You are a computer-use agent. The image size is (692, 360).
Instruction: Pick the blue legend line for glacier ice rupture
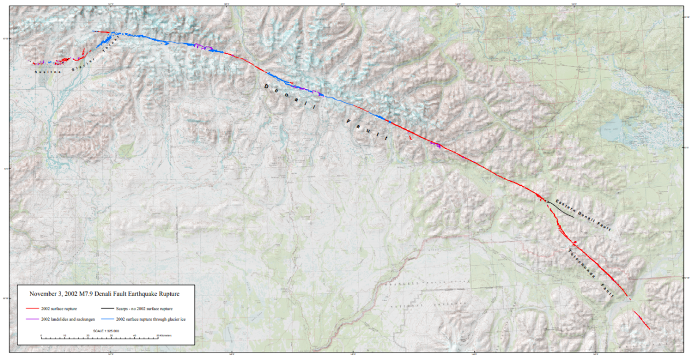point(107,319)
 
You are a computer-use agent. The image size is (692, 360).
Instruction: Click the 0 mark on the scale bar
point(42,336)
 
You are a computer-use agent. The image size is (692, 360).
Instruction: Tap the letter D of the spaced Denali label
point(266,86)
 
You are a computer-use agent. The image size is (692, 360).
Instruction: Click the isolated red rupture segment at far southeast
point(641,321)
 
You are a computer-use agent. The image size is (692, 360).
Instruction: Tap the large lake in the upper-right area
point(615,130)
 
